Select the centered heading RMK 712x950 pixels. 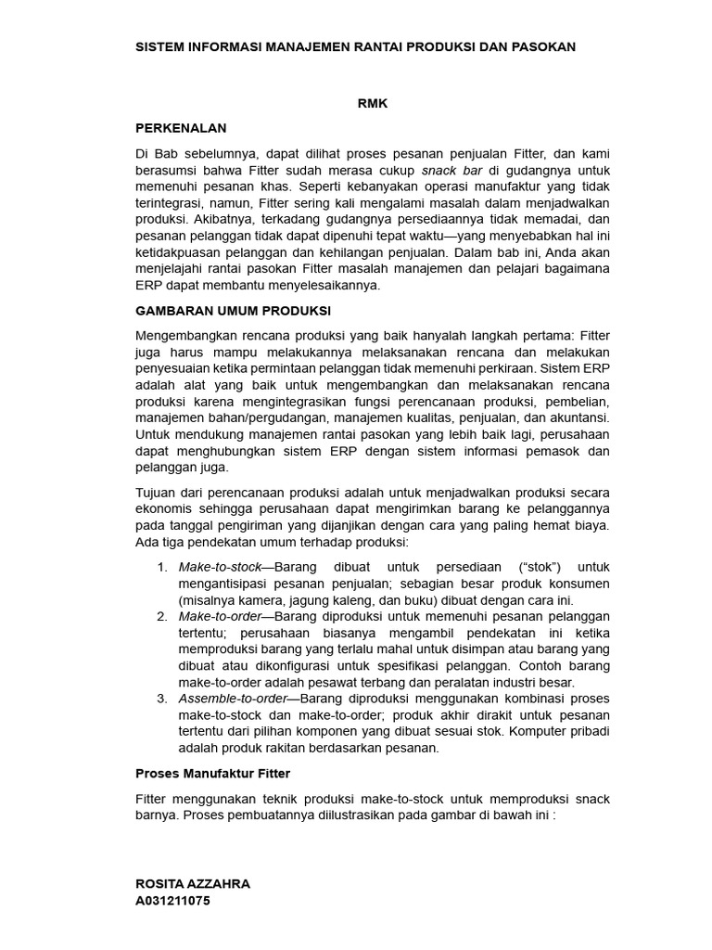point(372,104)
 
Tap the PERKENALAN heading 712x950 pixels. point(181,127)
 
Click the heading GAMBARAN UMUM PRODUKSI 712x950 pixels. point(233,310)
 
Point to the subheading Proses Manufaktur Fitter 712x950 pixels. point(212,773)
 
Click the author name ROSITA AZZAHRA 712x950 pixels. point(193,884)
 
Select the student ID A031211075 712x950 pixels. point(179,900)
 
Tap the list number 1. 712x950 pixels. point(161,566)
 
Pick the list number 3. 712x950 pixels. point(161,698)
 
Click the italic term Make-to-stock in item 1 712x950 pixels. point(220,566)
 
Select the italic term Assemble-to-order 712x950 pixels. point(228,698)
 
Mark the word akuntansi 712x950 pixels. point(576,417)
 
